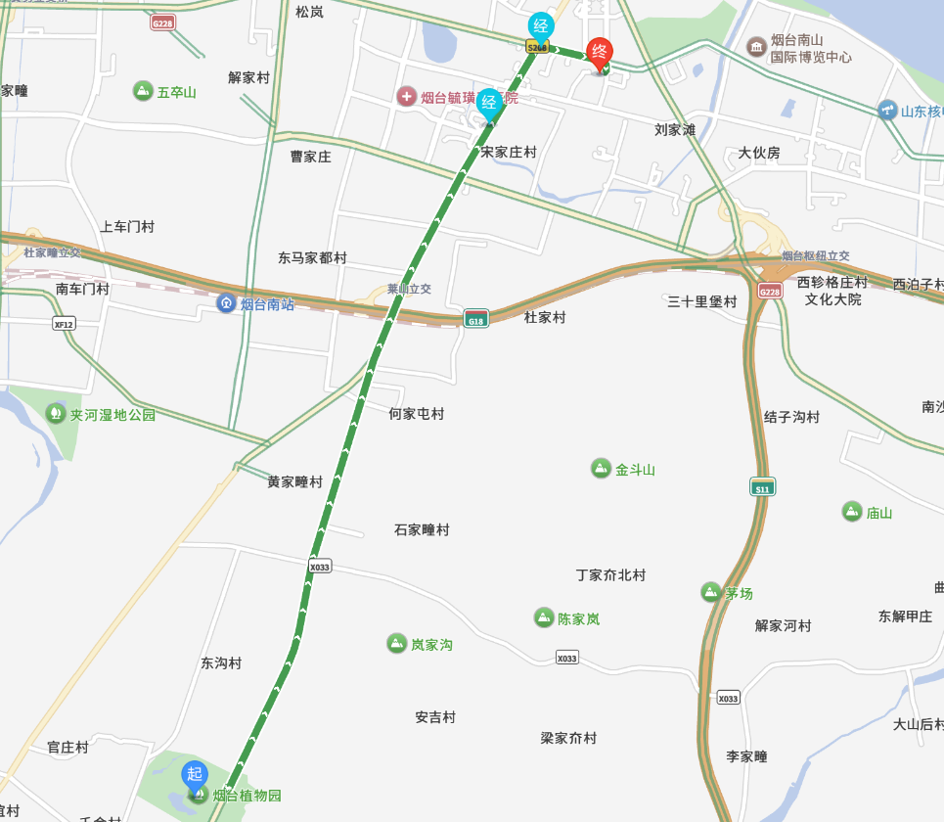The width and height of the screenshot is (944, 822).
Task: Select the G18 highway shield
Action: tap(475, 320)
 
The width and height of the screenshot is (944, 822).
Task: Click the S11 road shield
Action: tap(763, 486)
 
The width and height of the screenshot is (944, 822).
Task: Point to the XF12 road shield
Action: tap(65, 324)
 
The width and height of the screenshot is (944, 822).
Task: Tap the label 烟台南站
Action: tap(267, 304)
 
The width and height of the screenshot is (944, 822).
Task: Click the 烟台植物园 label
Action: tap(247, 796)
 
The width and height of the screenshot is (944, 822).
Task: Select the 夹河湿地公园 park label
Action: tap(112, 414)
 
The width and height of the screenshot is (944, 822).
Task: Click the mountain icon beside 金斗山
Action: tap(601, 469)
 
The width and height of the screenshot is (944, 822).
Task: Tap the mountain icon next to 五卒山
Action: tap(143, 92)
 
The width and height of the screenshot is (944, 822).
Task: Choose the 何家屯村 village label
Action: tap(416, 414)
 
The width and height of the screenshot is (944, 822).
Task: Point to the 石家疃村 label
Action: tap(422, 529)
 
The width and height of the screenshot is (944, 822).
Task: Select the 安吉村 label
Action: tap(435, 717)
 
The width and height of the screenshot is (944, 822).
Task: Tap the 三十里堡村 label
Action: tap(702, 301)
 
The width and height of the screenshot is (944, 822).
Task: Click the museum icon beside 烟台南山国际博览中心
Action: tap(755, 47)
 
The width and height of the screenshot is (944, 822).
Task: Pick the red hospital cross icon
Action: tap(406, 97)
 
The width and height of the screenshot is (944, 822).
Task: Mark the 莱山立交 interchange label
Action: tap(409, 290)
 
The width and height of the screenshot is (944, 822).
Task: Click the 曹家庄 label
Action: tap(311, 157)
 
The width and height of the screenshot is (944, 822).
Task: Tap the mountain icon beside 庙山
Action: tap(852, 511)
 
